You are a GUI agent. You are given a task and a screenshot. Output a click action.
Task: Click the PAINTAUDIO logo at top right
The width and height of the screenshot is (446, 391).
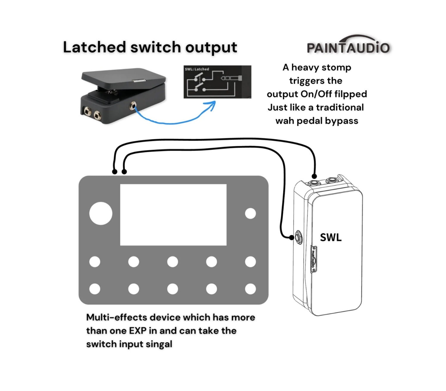click(x=348, y=46)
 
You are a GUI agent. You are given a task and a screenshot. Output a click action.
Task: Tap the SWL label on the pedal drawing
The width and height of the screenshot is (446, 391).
click(x=331, y=237)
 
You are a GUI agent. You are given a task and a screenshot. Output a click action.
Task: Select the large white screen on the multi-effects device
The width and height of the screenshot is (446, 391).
click(x=173, y=215)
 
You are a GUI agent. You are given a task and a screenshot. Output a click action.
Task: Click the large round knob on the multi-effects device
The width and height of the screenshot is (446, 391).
click(x=101, y=213)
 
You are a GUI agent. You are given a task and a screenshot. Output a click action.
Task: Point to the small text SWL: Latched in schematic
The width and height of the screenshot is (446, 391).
click(x=197, y=69)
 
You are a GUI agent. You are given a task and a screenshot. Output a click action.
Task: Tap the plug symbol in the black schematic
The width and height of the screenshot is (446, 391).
click(x=231, y=78)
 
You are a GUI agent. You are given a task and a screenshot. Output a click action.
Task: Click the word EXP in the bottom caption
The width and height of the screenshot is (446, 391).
click(x=138, y=331)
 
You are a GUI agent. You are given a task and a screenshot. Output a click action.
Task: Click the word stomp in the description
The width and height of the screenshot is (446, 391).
click(x=337, y=68)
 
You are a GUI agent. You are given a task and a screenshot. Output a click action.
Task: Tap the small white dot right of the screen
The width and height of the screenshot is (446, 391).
click(x=250, y=214)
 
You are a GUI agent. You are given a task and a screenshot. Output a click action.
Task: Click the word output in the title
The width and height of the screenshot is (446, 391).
click(x=211, y=47)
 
